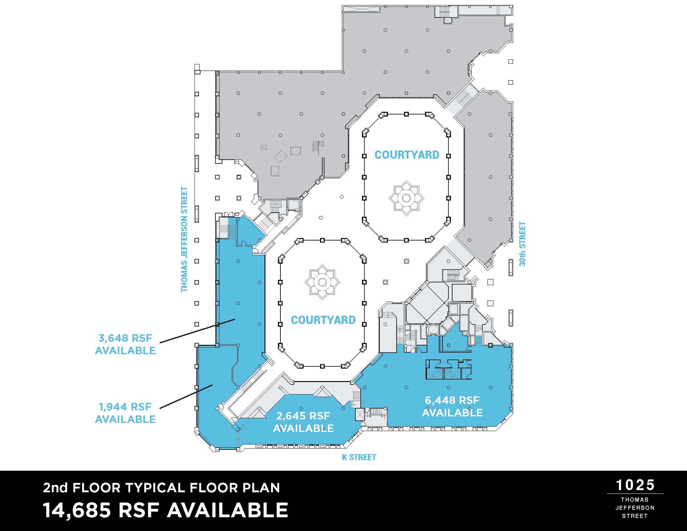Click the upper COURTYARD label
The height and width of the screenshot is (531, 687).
point(407,155)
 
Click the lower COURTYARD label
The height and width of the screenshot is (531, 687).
point(323,320)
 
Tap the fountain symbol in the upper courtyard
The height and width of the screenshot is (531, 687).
point(406,198)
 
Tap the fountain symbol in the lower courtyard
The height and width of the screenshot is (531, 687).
point(322,282)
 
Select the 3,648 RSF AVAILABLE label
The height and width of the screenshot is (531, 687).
point(125,344)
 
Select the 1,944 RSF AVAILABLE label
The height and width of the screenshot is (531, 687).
point(125,413)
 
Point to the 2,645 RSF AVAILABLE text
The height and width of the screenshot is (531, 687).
point(303,422)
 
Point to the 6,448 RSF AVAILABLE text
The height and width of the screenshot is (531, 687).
point(452,406)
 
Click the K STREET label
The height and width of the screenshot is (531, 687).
point(359,457)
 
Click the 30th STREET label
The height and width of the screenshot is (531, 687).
point(522,244)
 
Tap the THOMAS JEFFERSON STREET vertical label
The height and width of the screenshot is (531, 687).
point(184,239)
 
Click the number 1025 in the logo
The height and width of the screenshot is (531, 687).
point(635,485)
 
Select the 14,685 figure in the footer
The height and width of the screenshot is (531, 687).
point(77,510)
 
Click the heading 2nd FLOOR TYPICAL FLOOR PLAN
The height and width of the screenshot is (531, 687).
point(161,487)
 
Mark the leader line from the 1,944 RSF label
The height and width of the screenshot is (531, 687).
point(186,397)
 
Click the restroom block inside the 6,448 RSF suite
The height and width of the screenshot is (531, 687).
point(448,369)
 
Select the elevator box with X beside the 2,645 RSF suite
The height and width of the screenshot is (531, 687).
point(360,415)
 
